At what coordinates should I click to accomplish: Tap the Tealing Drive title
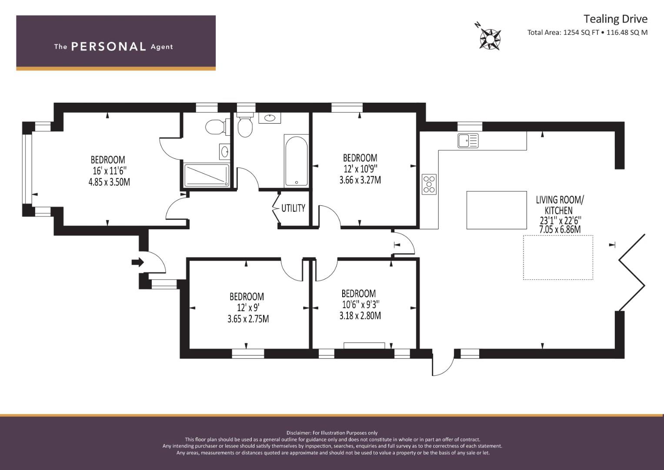(x=615, y=19)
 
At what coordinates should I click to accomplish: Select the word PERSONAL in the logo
(x=109, y=47)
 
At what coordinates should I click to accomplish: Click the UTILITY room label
(x=293, y=208)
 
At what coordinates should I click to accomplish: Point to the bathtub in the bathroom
(x=296, y=161)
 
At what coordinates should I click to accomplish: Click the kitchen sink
(x=468, y=141)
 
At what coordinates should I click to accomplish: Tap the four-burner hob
(x=429, y=184)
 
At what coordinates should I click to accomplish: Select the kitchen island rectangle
(x=497, y=210)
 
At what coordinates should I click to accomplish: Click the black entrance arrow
(x=137, y=262)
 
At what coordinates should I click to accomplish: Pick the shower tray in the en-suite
(x=207, y=176)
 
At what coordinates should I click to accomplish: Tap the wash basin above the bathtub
(x=270, y=118)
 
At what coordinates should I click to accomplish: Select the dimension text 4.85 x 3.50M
(x=109, y=182)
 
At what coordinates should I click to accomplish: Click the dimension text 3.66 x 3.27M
(x=360, y=180)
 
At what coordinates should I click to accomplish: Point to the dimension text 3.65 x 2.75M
(x=248, y=319)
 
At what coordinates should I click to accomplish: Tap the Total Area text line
(x=587, y=32)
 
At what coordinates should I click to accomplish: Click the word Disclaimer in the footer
(x=299, y=433)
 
